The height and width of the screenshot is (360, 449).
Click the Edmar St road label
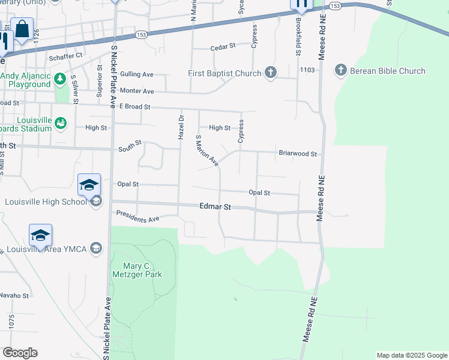click(x=215, y=206)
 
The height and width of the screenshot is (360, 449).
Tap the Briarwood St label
click(x=297, y=154)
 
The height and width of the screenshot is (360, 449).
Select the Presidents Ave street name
click(x=137, y=216)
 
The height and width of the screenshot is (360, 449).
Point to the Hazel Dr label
click(x=180, y=125)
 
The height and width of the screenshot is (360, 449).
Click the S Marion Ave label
click(x=206, y=151)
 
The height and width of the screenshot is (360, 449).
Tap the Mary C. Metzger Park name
click(x=137, y=269)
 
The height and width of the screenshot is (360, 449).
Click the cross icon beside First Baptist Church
click(x=271, y=73)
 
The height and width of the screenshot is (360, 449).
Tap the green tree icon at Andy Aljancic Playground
click(x=59, y=79)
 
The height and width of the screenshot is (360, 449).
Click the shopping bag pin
click(x=22, y=29)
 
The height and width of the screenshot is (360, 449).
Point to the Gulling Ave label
click(x=137, y=74)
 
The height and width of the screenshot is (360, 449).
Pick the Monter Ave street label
click(x=137, y=91)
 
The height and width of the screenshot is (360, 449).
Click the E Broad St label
click(x=134, y=107)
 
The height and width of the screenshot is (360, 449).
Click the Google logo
click(x=20, y=353)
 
